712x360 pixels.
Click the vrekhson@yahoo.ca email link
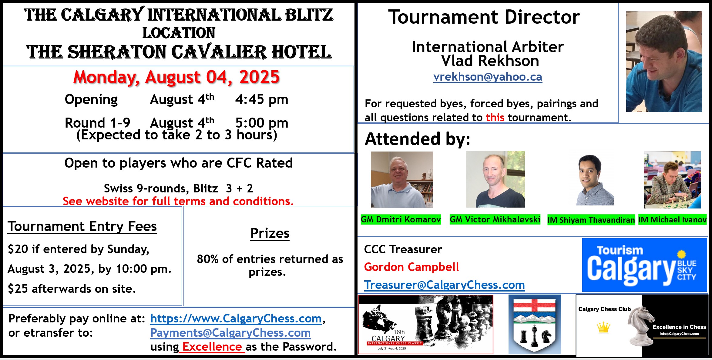pyautogui.click(x=488, y=77)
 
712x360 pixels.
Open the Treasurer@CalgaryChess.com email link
pyautogui.click(x=444, y=285)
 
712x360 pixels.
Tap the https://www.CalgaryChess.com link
pyautogui.click(x=236, y=318)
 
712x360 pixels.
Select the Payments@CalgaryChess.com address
pyautogui.click(x=230, y=333)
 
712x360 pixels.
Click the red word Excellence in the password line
pyautogui.click(x=212, y=347)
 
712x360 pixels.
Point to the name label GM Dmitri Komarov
pyautogui.click(x=401, y=219)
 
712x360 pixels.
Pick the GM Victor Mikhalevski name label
pyautogui.click(x=495, y=219)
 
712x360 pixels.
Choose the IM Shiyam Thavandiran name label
pyautogui.click(x=591, y=220)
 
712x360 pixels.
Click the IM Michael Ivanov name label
pyautogui.click(x=673, y=220)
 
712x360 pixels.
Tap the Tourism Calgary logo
pyautogui.click(x=645, y=265)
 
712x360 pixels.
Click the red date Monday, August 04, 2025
pyautogui.click(x=176, y=78)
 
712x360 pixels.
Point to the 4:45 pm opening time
pyautogui.click(x=262, y=99)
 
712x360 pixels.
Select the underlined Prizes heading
pyautogui.click(x=270, y=234)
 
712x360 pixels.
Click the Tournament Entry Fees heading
pyautogui.click(x=82, y=227)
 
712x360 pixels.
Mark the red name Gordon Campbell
pyautogui.click(x=411, y=267)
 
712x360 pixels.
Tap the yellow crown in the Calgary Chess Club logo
pyautogui.click(x=603, y=327)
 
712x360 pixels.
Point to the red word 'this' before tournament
pyautogui.click(x=495, y=117)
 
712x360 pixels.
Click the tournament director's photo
pyautogui.click(x=664, y=62)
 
